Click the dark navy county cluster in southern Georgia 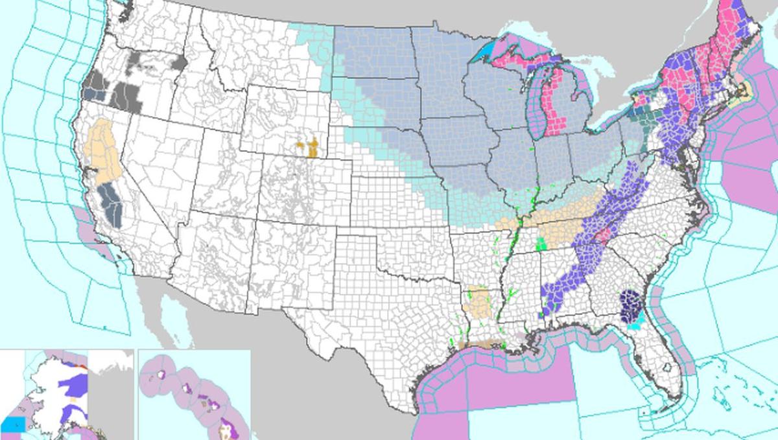(x=630, y=304)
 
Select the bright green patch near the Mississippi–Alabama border (x=541, y=244)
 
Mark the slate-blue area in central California (x=112, y=204)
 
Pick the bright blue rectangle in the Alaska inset (x=13, y=424)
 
